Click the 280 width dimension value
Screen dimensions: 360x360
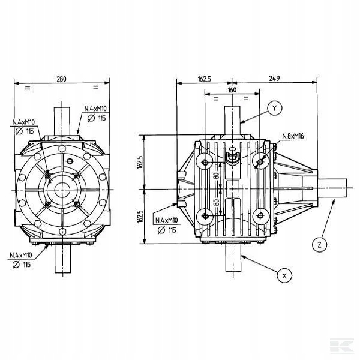(x=61, y=79)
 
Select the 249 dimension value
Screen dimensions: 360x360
(x=274, y=79)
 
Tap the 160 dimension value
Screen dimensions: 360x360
(x=232, y=90)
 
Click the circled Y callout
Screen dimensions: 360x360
(x=275, y=108)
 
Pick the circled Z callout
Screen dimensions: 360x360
(x=320, y=245)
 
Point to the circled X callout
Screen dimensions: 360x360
(x=284, y=275)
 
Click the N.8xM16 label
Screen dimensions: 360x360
(x=293, y=136)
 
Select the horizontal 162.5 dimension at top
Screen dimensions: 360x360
(x=205, y=79)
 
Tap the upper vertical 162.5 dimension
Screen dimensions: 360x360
(x=140, y=162)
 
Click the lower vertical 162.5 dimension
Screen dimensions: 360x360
(x=140, y=216)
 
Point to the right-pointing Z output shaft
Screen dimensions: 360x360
(x=332, y=188)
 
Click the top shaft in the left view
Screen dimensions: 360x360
(x=62, y=121)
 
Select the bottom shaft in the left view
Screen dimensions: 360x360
(x=62, y=259)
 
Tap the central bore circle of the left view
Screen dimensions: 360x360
(x=62, y=190)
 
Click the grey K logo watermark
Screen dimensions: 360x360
(x=341, y=346)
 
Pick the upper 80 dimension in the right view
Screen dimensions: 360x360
(x=216, y=176)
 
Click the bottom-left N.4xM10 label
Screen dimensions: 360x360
(x=21, y=255)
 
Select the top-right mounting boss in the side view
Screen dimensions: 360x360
(x=260, y=162)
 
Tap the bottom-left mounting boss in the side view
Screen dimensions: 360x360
(x=205, y=216)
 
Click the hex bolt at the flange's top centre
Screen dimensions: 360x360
(x=62, y=148)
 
